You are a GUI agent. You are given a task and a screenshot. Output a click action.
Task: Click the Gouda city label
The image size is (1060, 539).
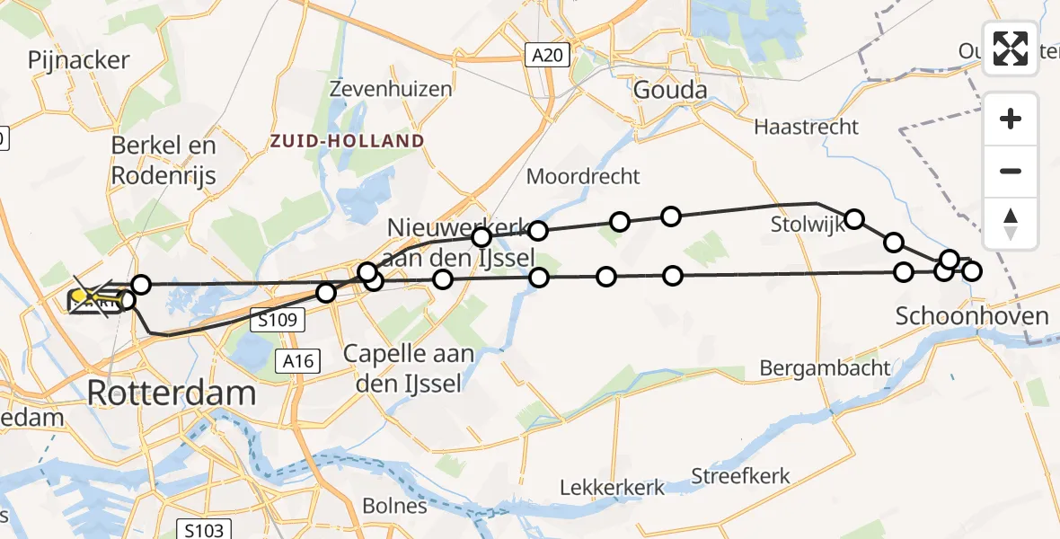pyautogui.click(x=669, y=90)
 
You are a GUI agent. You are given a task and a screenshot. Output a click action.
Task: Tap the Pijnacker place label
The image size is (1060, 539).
pyautogui.click(x=79, y=60)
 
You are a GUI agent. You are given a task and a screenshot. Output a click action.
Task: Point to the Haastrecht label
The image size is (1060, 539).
pyautogui.click(x=806, y=127)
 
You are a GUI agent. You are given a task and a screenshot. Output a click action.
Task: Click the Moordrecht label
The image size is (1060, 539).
pyautogui.click(x=583, y=176)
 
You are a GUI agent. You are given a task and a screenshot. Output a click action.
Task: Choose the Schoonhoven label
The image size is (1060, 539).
pyautogui.click(x=972, y=315)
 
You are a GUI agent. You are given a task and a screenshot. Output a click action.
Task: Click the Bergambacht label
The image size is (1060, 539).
pyautogui.click(x=825, y=367)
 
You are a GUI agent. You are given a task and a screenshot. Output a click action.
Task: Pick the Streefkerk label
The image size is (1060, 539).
pyautogui.click(x=741, y=475)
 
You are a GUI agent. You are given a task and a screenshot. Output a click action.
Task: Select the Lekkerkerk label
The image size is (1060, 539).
pyautogui.click(x=612, y=488)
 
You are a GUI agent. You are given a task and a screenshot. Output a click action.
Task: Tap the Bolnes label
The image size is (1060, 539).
pyautogui.click(x=395, y=506)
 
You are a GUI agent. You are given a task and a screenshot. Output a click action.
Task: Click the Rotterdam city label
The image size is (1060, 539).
pyautogui.click(x=171, y=393)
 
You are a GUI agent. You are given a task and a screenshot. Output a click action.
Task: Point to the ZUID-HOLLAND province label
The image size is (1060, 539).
pyautogui.click(x=347, y=141)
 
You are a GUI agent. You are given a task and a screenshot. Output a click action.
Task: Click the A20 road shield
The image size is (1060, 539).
pyautogui.click(x=546, y=56)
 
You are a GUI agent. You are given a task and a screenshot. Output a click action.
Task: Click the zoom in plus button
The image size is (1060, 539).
pyautogui.click(x=1011, y=119)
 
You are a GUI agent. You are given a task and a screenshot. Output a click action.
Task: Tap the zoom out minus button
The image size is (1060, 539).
pyautogui.click(x=1011, y=171)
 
